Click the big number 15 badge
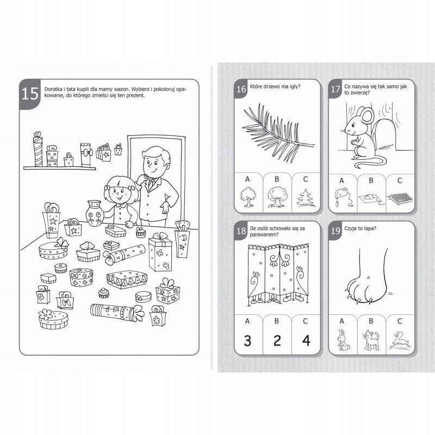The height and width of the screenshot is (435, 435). (x=30, y=94)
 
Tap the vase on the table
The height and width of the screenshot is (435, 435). (x=94, y=213)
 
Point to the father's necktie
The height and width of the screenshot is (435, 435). (x=151, y=184)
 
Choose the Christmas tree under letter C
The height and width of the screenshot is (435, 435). (x=306, y=198)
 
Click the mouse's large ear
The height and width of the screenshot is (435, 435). (x=366, y=115)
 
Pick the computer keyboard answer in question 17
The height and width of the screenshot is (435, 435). (x=401, y=198)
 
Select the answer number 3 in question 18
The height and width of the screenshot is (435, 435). (x=247, y=340)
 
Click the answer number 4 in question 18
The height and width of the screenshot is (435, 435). (x=306, y=340)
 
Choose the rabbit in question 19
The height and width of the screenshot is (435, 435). (x=343, y=339)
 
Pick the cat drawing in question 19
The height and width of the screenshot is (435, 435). (x=371, y=340)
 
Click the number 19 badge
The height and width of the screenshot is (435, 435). (x=335, y=231)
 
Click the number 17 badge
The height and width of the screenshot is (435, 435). (x=335, y=89)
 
